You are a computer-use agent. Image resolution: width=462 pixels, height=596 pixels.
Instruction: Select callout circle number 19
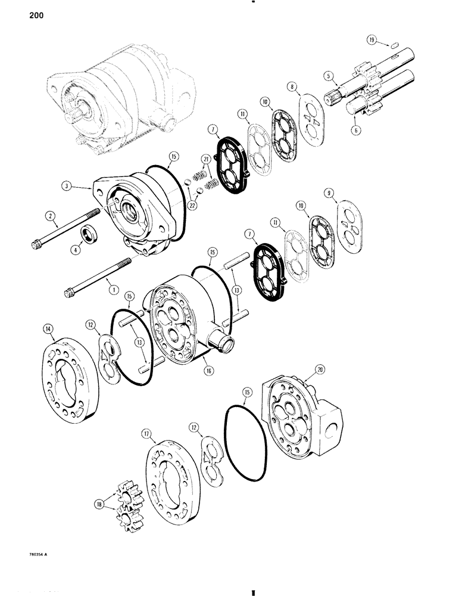coord(372,41)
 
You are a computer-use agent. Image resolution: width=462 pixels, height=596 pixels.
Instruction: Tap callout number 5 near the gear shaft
coord(327,76)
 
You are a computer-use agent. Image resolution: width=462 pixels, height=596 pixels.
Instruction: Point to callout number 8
coord(307,86)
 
